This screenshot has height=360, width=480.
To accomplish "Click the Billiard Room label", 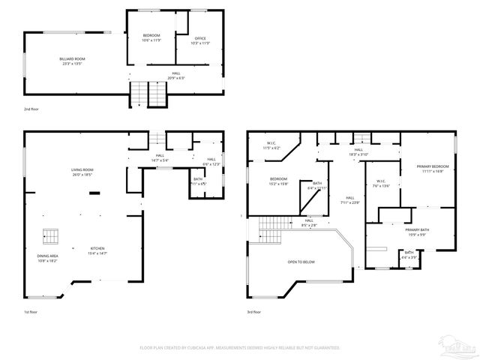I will click(73, 61).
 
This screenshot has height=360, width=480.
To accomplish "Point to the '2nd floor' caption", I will click(31, 109).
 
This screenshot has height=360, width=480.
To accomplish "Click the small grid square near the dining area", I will click(50, 236).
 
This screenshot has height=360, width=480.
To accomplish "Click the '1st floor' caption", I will click(31, 311).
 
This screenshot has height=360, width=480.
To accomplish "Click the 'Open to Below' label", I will click(301, 262).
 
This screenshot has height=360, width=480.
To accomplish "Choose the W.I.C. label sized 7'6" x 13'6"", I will click(382, 184).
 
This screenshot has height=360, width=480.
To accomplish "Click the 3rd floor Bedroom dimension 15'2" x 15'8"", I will click(278, 184).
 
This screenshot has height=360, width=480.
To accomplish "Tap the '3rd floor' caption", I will click(255, 311).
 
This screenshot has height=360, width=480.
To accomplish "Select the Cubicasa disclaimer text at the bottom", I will click(240, 348).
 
